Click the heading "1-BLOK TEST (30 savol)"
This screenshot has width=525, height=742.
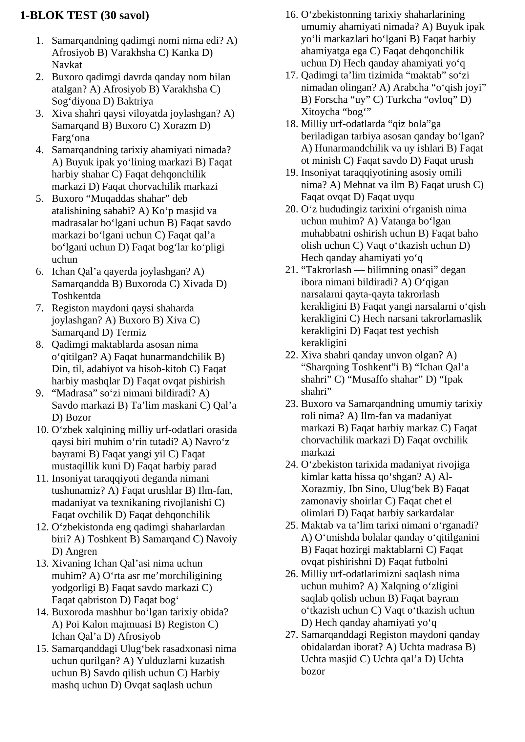(x=84, y=15)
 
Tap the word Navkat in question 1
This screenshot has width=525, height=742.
(x=67, y=65)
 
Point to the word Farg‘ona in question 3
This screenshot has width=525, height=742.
(x=71, y=138)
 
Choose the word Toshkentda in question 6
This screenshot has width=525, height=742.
(x=76, y=296)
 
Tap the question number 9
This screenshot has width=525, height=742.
(x=39, y=393)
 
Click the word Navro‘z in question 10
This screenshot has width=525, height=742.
(x=212, y=442)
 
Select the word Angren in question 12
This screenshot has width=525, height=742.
(x=81, y=551)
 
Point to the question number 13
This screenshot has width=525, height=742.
(x=42, y=563)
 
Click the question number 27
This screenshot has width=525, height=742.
(x=291, y=634)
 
